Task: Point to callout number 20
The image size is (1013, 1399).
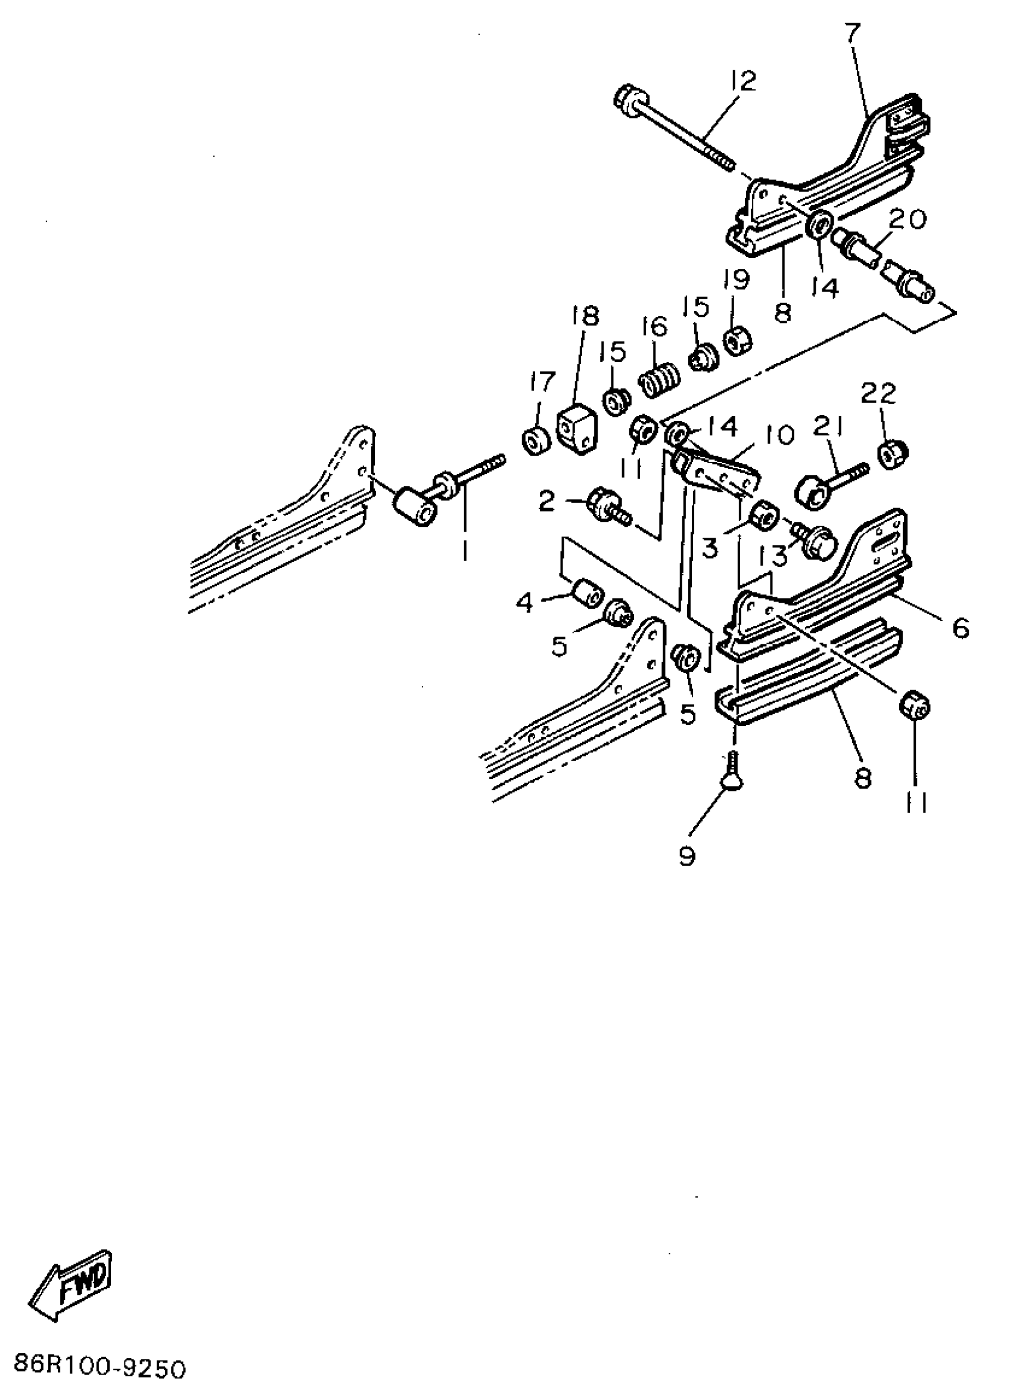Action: pyautogui.click(x=906, y=219)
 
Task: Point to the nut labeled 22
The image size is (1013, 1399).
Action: pyautogui.click(x=892, y=455)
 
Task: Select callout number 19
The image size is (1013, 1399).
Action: pyautogui.click(x=735, y=280)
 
